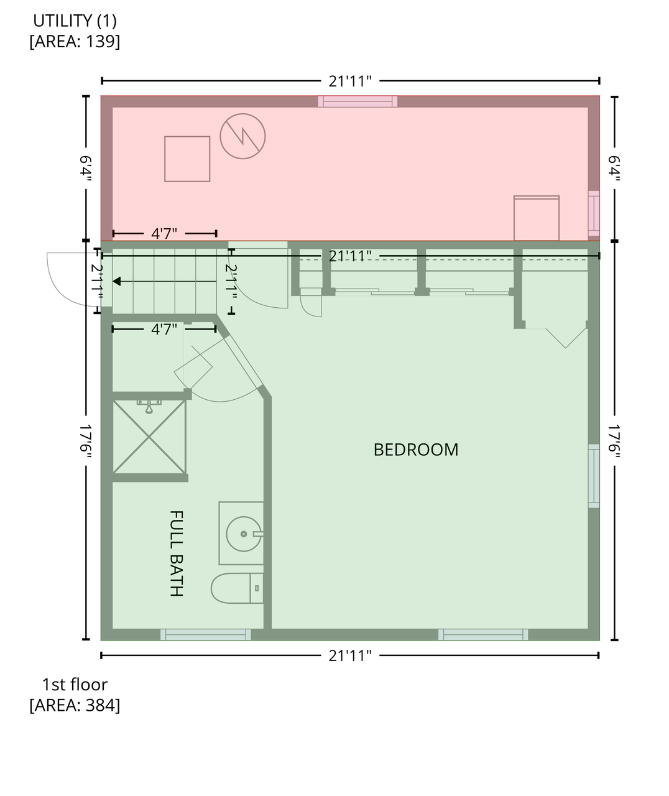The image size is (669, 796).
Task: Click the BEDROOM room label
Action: coord(415,450)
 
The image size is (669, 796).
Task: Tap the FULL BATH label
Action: coord(176,553)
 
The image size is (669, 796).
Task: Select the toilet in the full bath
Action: coord(237,588)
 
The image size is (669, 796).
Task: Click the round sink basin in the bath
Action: coord(244,534)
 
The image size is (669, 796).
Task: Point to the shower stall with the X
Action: coord(149,437)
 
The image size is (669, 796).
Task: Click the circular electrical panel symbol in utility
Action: coord(242,136)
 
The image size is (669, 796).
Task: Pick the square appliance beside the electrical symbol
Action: coord(187,159)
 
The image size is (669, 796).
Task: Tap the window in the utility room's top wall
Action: coord(358,101)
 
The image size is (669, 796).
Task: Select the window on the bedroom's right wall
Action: coord(594,476)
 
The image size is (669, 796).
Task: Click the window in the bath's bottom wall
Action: coord(205,634)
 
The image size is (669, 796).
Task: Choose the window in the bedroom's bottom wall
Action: coord(483,634)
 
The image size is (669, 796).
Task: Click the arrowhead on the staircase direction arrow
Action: coord(117,281)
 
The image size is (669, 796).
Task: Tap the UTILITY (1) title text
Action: coord(75,21)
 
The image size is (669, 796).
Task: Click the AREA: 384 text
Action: coord(75,705)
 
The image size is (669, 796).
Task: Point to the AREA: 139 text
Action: coord(75,41)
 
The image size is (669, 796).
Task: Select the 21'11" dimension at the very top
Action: coord(350,81)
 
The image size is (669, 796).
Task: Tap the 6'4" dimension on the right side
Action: coord(614,169)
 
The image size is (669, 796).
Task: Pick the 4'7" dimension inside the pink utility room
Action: coord(164,233)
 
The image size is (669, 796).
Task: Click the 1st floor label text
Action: coord(75,685)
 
